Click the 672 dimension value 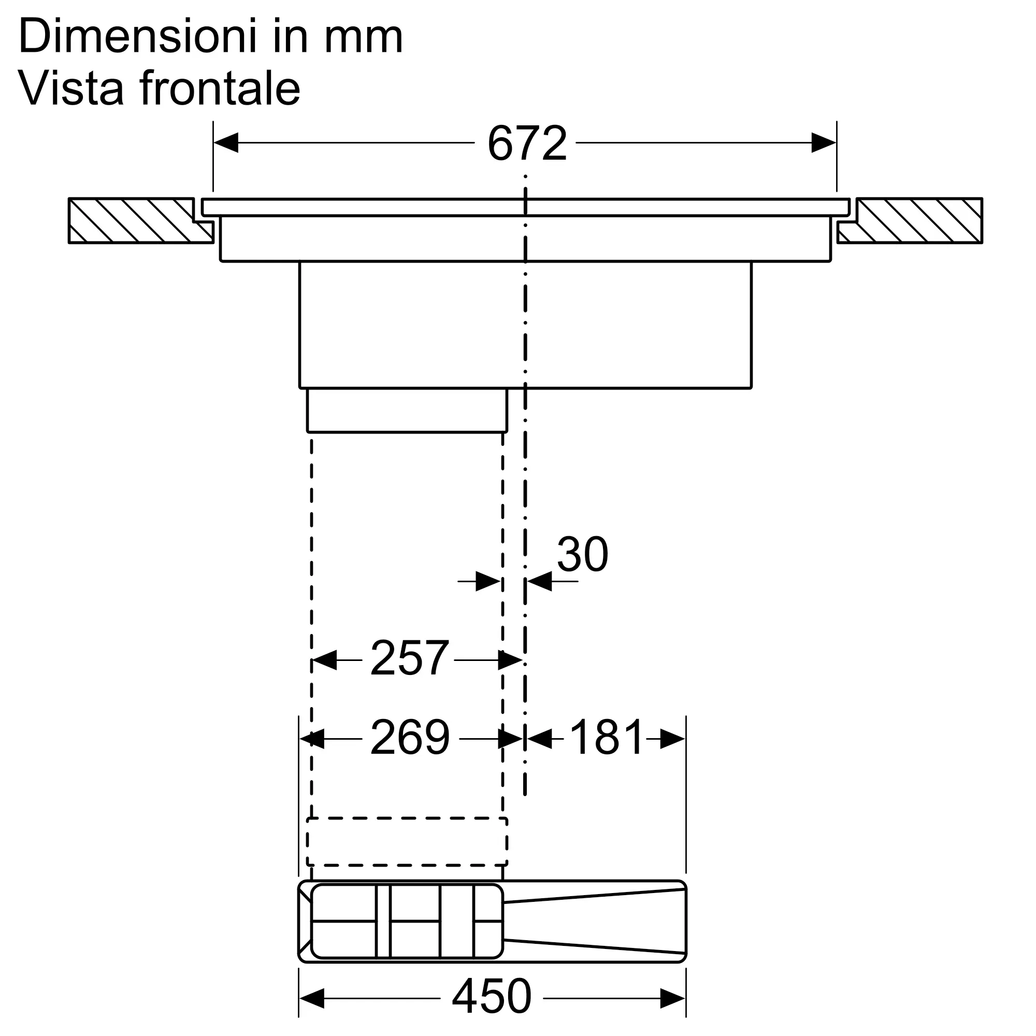(526, 143)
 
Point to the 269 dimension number (410, 738)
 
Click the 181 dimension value (606, 738)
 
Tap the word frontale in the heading (220, 88)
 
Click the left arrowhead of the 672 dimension (226, 143)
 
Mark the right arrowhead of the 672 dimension (824, 143)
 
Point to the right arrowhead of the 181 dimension (672, 739)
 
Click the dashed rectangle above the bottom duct (407, 841)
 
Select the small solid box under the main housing (407, 410)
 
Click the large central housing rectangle (525, 324)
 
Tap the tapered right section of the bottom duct (595, 920)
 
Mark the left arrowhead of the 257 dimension (324, 660)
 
